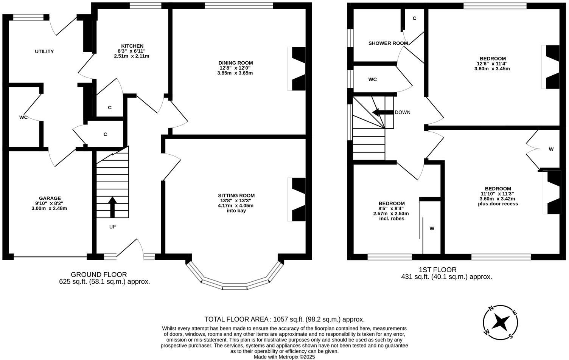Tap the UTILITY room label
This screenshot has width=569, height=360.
pos(44,51)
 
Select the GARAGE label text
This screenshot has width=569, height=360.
pos(50,198)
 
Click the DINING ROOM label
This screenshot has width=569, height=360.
pos(235,63)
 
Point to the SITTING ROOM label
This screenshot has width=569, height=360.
pos(236,196)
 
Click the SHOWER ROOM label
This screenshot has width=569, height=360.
pos(388,43)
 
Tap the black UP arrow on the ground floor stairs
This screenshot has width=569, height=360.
pos(112,207)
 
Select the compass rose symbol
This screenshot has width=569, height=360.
pos(501,322)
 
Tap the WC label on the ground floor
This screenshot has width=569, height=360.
pos(23,117)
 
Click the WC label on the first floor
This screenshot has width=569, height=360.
pos(372,79)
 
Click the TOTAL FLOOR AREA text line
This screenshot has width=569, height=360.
pos(284,319)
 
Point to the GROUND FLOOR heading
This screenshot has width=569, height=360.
pos(99,275)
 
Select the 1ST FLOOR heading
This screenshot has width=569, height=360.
pos(437,270)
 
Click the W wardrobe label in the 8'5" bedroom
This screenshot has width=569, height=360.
pos(432,228)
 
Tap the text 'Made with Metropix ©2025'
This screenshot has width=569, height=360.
pos(284,357)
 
